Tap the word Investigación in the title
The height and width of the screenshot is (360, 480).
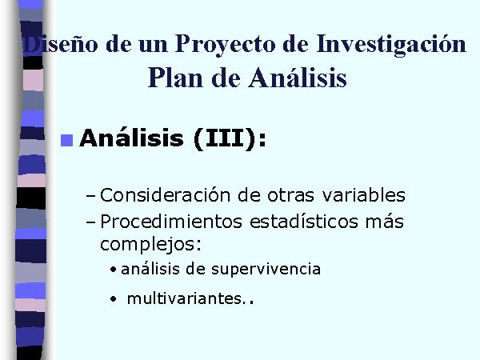click(391, 44)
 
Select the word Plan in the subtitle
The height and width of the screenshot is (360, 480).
click(175, 78)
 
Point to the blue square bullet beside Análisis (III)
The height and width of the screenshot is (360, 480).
click(66, 141)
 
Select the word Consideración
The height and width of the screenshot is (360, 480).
click(165, 194)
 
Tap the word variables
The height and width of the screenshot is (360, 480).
click(364, 194)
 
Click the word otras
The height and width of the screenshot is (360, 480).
click(291, 195)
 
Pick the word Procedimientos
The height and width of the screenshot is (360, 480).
click(171, 222)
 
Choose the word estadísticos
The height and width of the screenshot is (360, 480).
click(304, 222)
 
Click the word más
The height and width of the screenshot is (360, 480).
click(385, 222)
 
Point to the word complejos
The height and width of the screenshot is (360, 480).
click(151, 245)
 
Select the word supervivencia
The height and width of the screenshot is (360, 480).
click(266, 270)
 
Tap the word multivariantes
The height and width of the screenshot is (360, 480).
click(185, 298)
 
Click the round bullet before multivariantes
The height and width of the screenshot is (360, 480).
click(114, 298)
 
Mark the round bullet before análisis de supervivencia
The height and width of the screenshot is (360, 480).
click(114, 270)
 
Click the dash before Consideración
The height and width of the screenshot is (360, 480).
click(91, 196)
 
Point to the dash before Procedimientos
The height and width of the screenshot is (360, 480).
click(91, 222)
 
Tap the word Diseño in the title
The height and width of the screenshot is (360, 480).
click(61, 45)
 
